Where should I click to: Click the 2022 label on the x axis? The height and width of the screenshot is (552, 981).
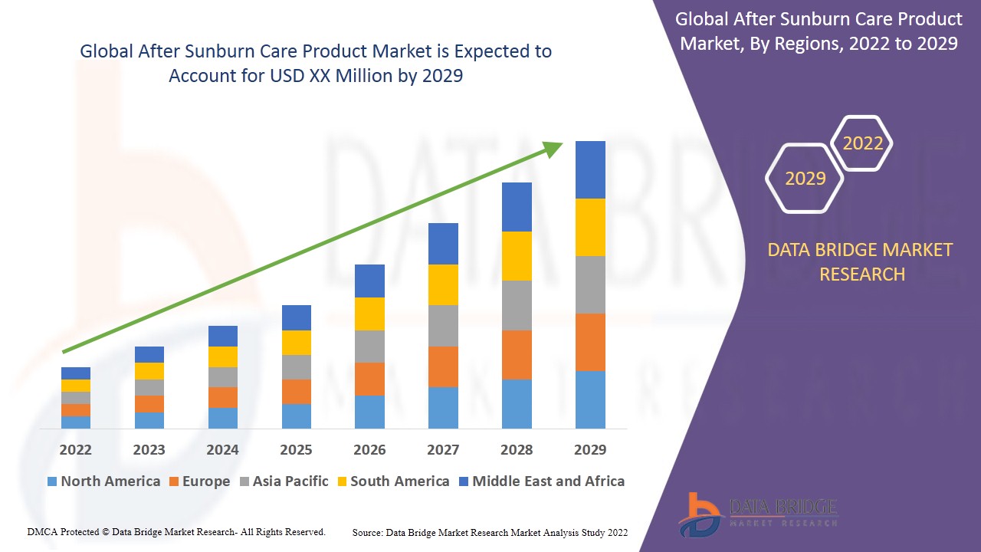75,449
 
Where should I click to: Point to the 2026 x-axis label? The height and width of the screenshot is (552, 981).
369,449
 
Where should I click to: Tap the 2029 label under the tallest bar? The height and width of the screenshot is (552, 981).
590,449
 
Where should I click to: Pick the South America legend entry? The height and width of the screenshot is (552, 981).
392,481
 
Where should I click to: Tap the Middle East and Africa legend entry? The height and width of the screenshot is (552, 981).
541,481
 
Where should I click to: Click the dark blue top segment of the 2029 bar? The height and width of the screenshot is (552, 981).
590,169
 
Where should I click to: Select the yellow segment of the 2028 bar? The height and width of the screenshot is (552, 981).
517,255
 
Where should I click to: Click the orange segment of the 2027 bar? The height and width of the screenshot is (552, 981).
443,366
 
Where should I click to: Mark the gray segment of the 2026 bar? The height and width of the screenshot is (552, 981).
369,346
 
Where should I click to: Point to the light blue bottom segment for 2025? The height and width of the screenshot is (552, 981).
296,416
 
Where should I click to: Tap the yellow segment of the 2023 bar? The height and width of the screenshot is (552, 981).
149,370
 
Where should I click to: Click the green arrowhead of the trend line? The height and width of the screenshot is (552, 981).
553,148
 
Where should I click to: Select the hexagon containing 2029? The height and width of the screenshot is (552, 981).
805,179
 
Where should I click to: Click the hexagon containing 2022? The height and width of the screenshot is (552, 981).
862,143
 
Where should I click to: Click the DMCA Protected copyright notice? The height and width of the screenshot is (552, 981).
176,531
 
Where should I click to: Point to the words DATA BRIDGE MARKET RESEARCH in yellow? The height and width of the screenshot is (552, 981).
862,261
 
